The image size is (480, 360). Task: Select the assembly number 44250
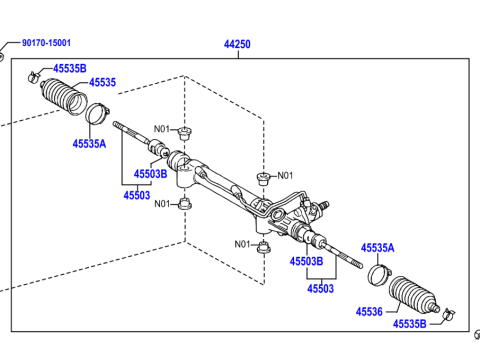(237, 44)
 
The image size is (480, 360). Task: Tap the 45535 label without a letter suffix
(103, 82)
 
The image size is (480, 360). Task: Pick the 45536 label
(369, 312)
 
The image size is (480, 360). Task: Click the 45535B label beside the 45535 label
(69, 68)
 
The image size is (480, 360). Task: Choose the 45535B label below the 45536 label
(409, 324)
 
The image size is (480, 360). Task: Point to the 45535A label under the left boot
(90, 143)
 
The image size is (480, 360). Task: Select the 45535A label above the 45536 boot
(377, 247)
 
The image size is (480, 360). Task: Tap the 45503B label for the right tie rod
(307, 261)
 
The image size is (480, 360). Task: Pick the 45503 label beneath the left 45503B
(137, 195)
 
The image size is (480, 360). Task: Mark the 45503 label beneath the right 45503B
(320, 288)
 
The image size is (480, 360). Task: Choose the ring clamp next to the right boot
(376, 273)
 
